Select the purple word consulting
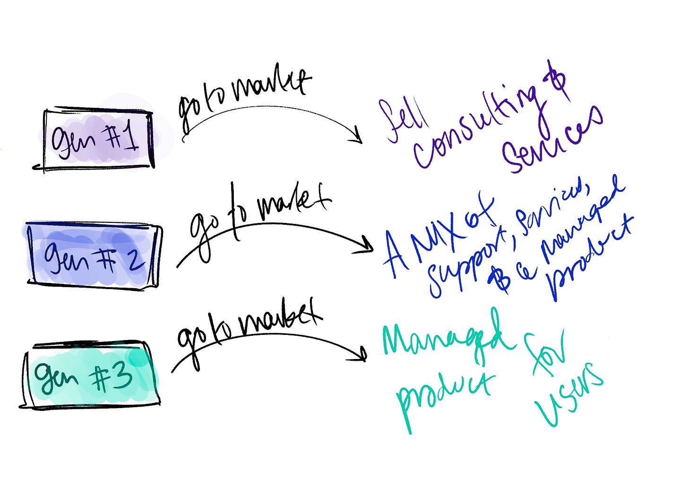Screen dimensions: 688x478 477,128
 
